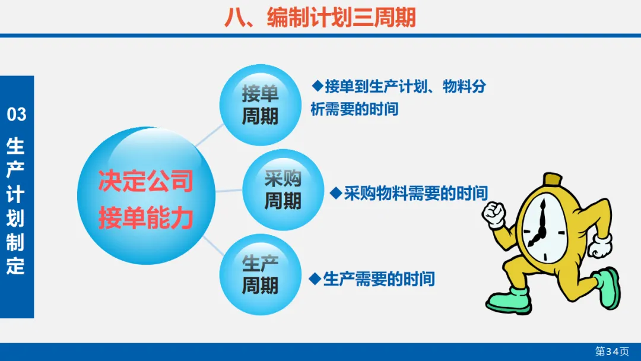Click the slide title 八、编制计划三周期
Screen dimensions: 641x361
pos(320,18)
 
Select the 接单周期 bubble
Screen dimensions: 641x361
pos(261,104)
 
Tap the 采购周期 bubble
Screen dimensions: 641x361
pos(283,189)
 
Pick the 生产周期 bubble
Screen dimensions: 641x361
pos(261,274)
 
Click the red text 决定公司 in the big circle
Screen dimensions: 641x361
pos(146,180)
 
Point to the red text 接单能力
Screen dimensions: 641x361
pos(146,218)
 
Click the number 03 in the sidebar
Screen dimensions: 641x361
pos(17,115)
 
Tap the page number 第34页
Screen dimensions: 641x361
pos(612,351)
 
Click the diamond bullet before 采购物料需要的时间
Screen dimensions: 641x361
pos(335,193)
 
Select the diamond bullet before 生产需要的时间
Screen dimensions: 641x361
pos(315,279)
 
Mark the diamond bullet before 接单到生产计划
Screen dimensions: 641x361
pos(317,86)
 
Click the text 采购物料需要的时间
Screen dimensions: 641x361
pos(415,194)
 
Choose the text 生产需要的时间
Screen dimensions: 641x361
pos(379,279)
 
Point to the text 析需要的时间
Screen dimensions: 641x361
pos(354,109)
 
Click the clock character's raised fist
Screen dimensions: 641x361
pos(494,214)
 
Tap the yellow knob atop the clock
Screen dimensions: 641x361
pos(553,179)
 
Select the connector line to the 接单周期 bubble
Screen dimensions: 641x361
pos(210,135)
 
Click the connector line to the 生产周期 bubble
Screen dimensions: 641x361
pos(213,246)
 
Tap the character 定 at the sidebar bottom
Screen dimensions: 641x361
pos(15,266)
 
